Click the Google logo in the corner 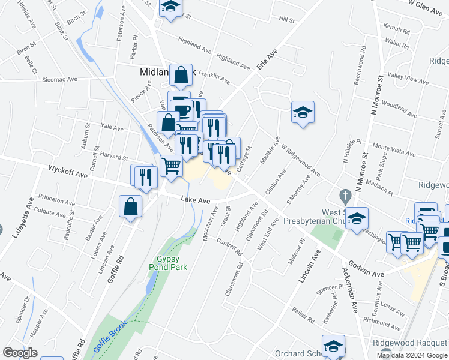pos(20,353)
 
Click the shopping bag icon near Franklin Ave pos(181,75)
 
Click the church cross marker pos(345,196)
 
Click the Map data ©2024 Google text pos(412,355)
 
